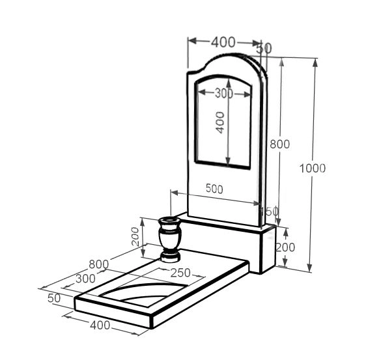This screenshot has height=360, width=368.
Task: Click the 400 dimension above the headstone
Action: click(x=223, y=42)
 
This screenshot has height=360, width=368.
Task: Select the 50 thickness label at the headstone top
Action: click(x=264, y=48)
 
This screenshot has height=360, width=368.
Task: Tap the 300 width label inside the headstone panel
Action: click(x=224, y=93)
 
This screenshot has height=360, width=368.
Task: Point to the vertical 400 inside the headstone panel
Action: click(x=220, y=122)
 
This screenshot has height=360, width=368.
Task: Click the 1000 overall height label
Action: click(x=313, y=169)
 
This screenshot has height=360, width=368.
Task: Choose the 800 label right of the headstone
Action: click(x=280, y=144)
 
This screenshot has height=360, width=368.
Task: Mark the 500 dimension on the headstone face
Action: click(x=214, y=189)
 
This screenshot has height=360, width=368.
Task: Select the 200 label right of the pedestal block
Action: click(x=285, y=247)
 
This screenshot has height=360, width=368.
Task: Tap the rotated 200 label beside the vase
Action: click(x=135, y=236)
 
